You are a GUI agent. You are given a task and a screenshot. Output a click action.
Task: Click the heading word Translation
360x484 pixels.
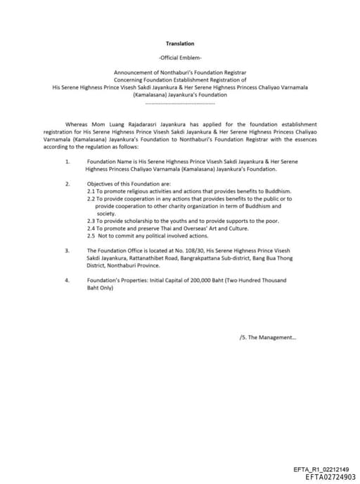pyautogui.click(x=180, y=44)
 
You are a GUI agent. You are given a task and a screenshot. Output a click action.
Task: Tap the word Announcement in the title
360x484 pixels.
pyautogui.click(x=133, y=73)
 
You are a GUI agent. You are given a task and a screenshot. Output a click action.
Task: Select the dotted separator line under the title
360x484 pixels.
pyautogui.click(x=180, y=103)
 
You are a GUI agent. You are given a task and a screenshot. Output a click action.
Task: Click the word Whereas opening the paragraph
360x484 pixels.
pyautogui.click(x=77, y=124)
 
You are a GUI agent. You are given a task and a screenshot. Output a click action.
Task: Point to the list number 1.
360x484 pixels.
pyautogui.click(x=67, y=162)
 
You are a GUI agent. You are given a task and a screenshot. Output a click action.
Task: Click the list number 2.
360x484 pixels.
pyautogui.click(x=67, y=184)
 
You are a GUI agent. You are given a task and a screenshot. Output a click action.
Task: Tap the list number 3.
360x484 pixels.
pyautogui.click(x=67, y=250)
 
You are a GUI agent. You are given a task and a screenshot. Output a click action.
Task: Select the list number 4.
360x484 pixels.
pyautogui.click(x=67, y=279)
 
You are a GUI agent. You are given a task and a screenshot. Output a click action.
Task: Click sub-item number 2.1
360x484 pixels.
pyautogui.click(x=91, y=191)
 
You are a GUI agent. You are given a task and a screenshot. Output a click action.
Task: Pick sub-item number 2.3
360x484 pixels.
pyautogui.click(x=91, y=221)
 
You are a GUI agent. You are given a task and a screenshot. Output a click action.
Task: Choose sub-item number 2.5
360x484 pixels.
pyautogui.click(x=91, y=235)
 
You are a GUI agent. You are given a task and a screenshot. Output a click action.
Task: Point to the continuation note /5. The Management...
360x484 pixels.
pyautogui.click(x=268, y=337)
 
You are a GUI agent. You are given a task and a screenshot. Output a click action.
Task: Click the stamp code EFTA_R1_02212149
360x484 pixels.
pyautogui.click(x=321, y=469)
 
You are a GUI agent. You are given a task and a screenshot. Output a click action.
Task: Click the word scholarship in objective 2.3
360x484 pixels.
pyautogui.click(x=131, y=221)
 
